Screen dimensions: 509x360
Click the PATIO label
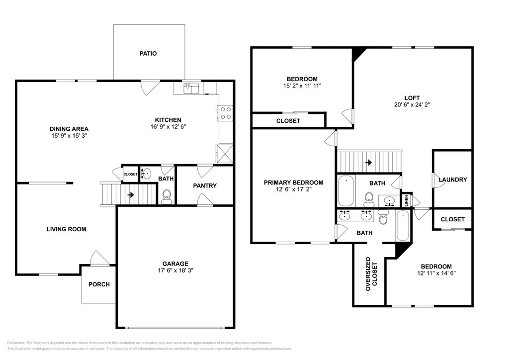148,54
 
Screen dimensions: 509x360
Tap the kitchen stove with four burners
226,113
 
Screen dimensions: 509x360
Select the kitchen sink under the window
191,89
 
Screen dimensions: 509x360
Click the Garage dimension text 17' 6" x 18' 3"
175,270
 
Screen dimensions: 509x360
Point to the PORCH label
99,284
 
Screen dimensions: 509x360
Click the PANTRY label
204,185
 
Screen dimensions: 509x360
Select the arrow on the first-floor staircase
131,195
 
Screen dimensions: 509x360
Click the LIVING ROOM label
67,229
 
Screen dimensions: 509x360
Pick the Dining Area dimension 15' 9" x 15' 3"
69,136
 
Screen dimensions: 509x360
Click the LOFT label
412,98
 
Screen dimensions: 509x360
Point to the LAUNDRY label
452,180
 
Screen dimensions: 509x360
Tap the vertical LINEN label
407,200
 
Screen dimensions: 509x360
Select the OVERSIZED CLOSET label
371,274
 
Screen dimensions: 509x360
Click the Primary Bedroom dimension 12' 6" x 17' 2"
293,189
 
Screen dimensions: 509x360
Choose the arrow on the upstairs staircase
368,162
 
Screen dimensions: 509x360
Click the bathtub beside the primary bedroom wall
346,190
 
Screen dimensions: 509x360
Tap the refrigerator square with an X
225,154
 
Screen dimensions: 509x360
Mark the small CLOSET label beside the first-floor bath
131,175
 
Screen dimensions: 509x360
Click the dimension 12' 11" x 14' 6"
436,273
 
